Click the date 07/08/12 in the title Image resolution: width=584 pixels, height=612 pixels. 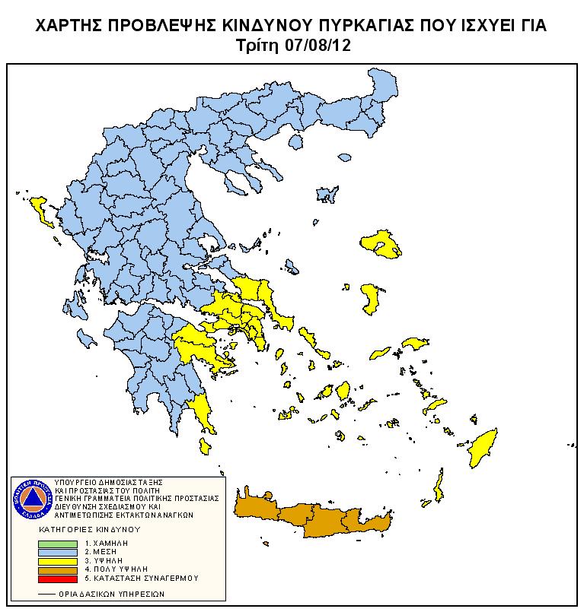click(315, 46)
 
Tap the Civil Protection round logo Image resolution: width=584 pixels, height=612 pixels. click(31, 499)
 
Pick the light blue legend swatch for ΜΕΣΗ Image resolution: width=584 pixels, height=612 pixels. click(58, 553)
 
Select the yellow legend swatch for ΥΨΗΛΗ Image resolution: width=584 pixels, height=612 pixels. click(58, 561)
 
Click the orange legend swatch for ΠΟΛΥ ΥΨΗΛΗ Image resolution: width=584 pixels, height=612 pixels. click(58, 569)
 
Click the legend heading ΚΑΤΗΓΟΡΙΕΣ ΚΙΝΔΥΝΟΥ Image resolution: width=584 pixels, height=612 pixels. click(92, 528)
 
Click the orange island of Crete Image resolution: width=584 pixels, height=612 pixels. click(320, 517)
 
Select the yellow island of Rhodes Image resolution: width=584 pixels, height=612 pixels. click(483, 449)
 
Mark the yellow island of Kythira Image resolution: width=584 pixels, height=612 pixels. click(203, 446)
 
